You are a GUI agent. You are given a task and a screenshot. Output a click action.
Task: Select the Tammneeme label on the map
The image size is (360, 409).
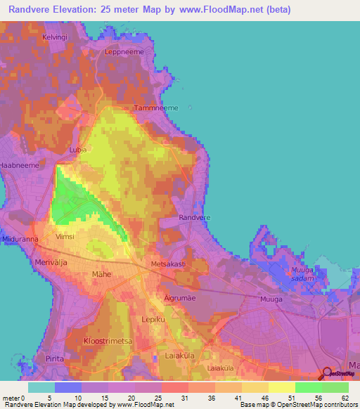point(156,108)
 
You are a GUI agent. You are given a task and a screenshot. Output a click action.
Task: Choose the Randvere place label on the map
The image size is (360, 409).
point(195,218)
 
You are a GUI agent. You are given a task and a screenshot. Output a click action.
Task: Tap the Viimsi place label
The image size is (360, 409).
point(64,237)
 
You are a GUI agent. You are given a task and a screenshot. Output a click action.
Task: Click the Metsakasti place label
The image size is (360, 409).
point(168,264)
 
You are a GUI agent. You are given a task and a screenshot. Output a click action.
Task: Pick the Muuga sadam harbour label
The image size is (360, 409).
point(304,273)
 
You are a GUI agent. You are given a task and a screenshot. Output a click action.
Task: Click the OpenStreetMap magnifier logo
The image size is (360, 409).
point(329,374)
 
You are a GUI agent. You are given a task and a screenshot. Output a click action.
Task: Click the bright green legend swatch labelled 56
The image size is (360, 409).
point(309,387)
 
